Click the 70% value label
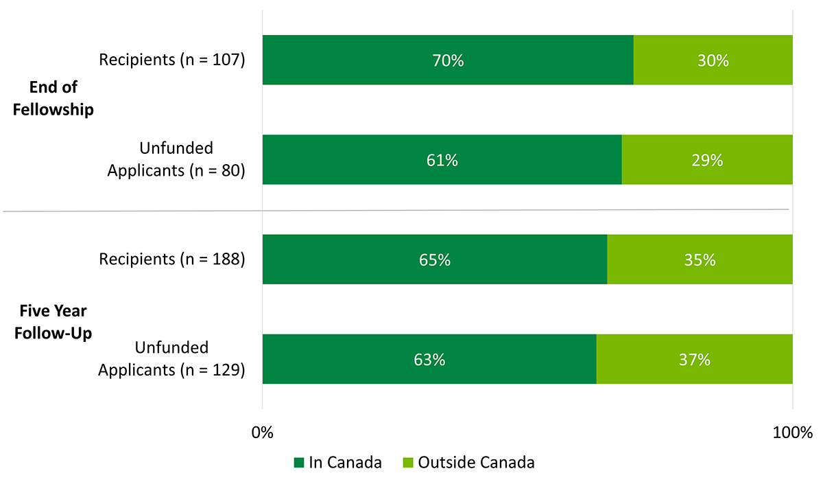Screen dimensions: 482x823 448,60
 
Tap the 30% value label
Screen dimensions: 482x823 713,60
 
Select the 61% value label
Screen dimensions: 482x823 442,160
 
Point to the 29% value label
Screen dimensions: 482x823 707,160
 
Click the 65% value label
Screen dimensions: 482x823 435,260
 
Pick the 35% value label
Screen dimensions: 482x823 700,260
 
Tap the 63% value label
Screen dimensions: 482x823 429,359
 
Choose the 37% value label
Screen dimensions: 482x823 694,359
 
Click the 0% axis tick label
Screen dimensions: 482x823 263,433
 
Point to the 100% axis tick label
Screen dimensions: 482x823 792,433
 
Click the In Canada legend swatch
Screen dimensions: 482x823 298,462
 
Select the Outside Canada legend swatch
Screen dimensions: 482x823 407,462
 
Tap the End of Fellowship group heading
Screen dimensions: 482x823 53,98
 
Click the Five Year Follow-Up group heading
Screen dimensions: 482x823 53,321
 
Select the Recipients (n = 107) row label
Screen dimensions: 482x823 171,60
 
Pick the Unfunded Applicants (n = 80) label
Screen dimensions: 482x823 176,159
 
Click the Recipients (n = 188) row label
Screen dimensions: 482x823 171,259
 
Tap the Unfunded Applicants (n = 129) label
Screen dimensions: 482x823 171,358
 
